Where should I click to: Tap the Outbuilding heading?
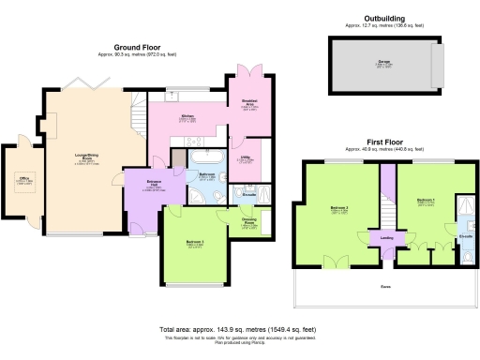385,18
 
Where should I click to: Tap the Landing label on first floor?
386,237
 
